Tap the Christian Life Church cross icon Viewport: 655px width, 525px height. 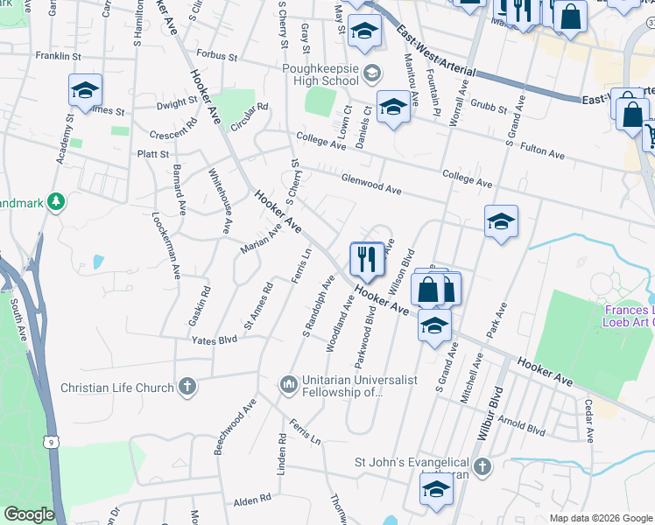click(187, 387)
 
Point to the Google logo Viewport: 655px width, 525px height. click(28, 514)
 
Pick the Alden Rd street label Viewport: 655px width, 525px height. click(252, 500)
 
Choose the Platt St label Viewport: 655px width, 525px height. click(153, 154)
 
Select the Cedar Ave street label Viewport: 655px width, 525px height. click(590, 421)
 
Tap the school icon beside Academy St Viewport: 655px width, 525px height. click(86, 91)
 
